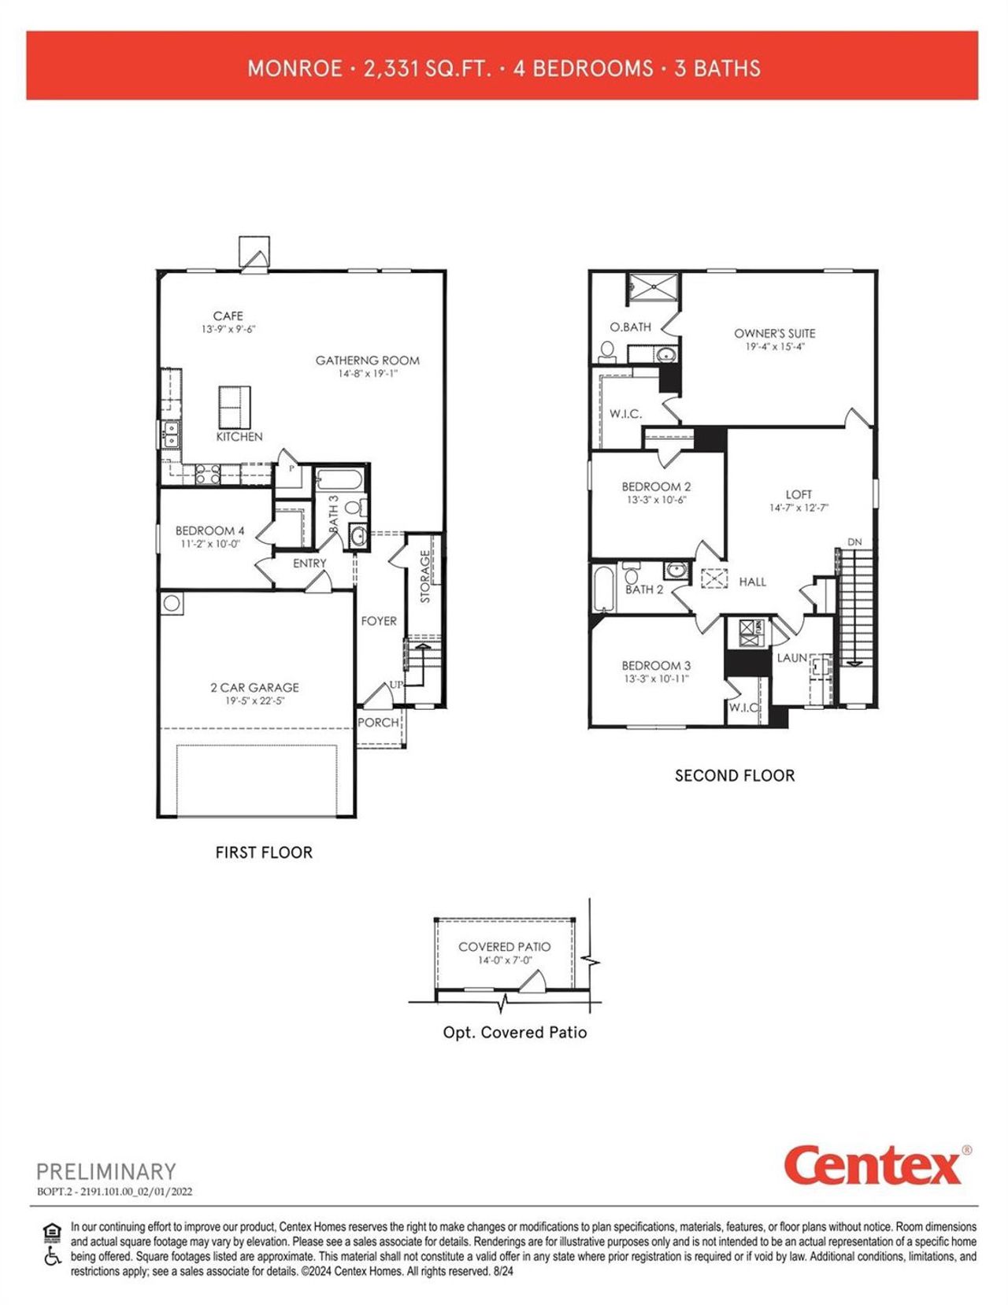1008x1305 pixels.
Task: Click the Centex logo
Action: [x=873, y=1166]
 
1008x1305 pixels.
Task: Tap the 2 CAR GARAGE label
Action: [x=254, y=687]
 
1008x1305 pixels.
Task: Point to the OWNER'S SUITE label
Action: [x=774, y=333]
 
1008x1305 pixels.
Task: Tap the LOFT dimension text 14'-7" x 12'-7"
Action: [x=799, y=508]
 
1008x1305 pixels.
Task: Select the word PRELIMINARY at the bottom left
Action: [x=106, y=1171]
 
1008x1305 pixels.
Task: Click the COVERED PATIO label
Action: [x=504, y=946]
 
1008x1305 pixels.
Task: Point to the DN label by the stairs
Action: [x=854, y=542]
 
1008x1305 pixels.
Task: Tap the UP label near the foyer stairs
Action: [x=396, y=684]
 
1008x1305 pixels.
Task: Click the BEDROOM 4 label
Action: [x=209, y=531]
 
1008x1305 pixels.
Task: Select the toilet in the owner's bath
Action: [x=607, y=352]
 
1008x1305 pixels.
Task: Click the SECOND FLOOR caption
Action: [x=734, y=775]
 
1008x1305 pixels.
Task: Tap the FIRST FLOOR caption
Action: [x=264, y=852]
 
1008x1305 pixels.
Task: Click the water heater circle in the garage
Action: [x=172, y=604]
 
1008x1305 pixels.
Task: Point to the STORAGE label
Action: [x=425, y=577]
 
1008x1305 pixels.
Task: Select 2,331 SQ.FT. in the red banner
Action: [x=427, y=68]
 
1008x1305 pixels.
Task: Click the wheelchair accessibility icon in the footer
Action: [x=52, y=1257]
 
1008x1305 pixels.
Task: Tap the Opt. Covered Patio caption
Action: [x=514, y=1032]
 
